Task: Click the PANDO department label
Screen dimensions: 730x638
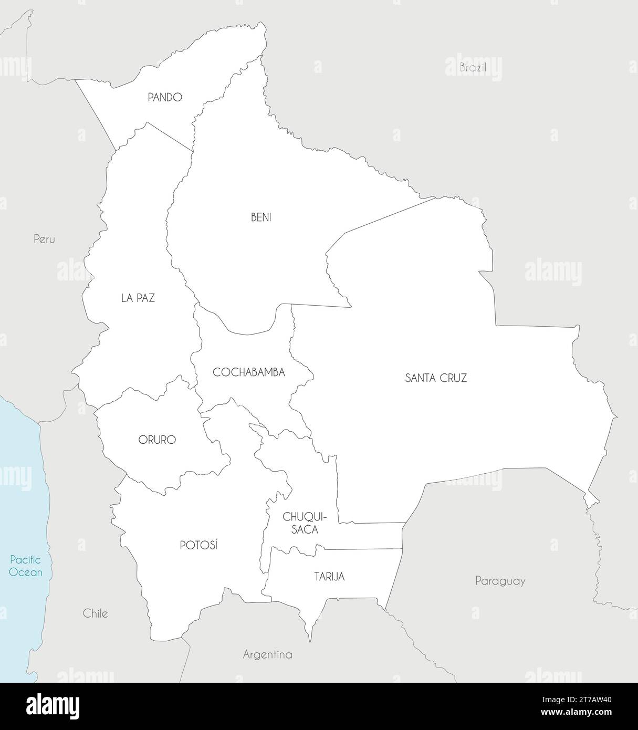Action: pos(164,97)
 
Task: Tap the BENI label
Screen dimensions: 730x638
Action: pos(261,217)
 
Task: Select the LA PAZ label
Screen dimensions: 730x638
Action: pos(138,298)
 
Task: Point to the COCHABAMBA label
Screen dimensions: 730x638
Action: pos(248,372)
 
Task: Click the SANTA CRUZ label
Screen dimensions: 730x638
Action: pos(436,378)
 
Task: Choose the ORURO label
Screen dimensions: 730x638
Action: pos(157,440)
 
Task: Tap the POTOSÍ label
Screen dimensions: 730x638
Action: pos(198,546)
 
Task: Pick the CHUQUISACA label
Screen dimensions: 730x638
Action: pos(301,523)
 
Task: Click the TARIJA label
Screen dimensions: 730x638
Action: pos(329,577)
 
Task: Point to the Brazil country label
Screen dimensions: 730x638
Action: pos(473,68)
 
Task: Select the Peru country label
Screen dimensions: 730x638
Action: pos(44,239)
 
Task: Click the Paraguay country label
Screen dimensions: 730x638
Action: pos(500,581)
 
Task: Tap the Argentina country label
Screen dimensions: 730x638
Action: pos(267,655)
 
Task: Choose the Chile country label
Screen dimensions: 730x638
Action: pos(96,613)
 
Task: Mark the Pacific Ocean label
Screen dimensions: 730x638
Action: pos(26,566)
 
